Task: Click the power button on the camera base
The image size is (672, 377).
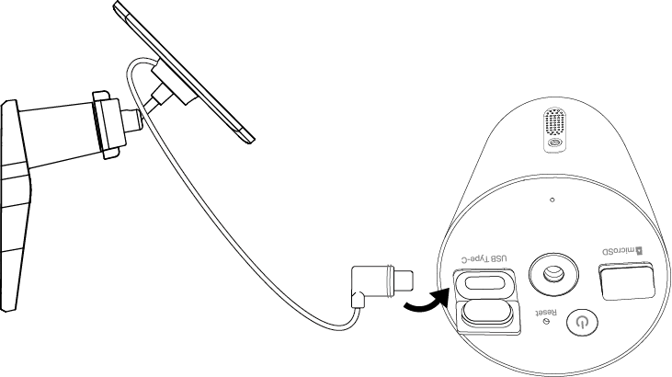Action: point(580,322)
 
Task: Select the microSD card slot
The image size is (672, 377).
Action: point(627,281)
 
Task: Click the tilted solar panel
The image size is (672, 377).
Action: point(184,69)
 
